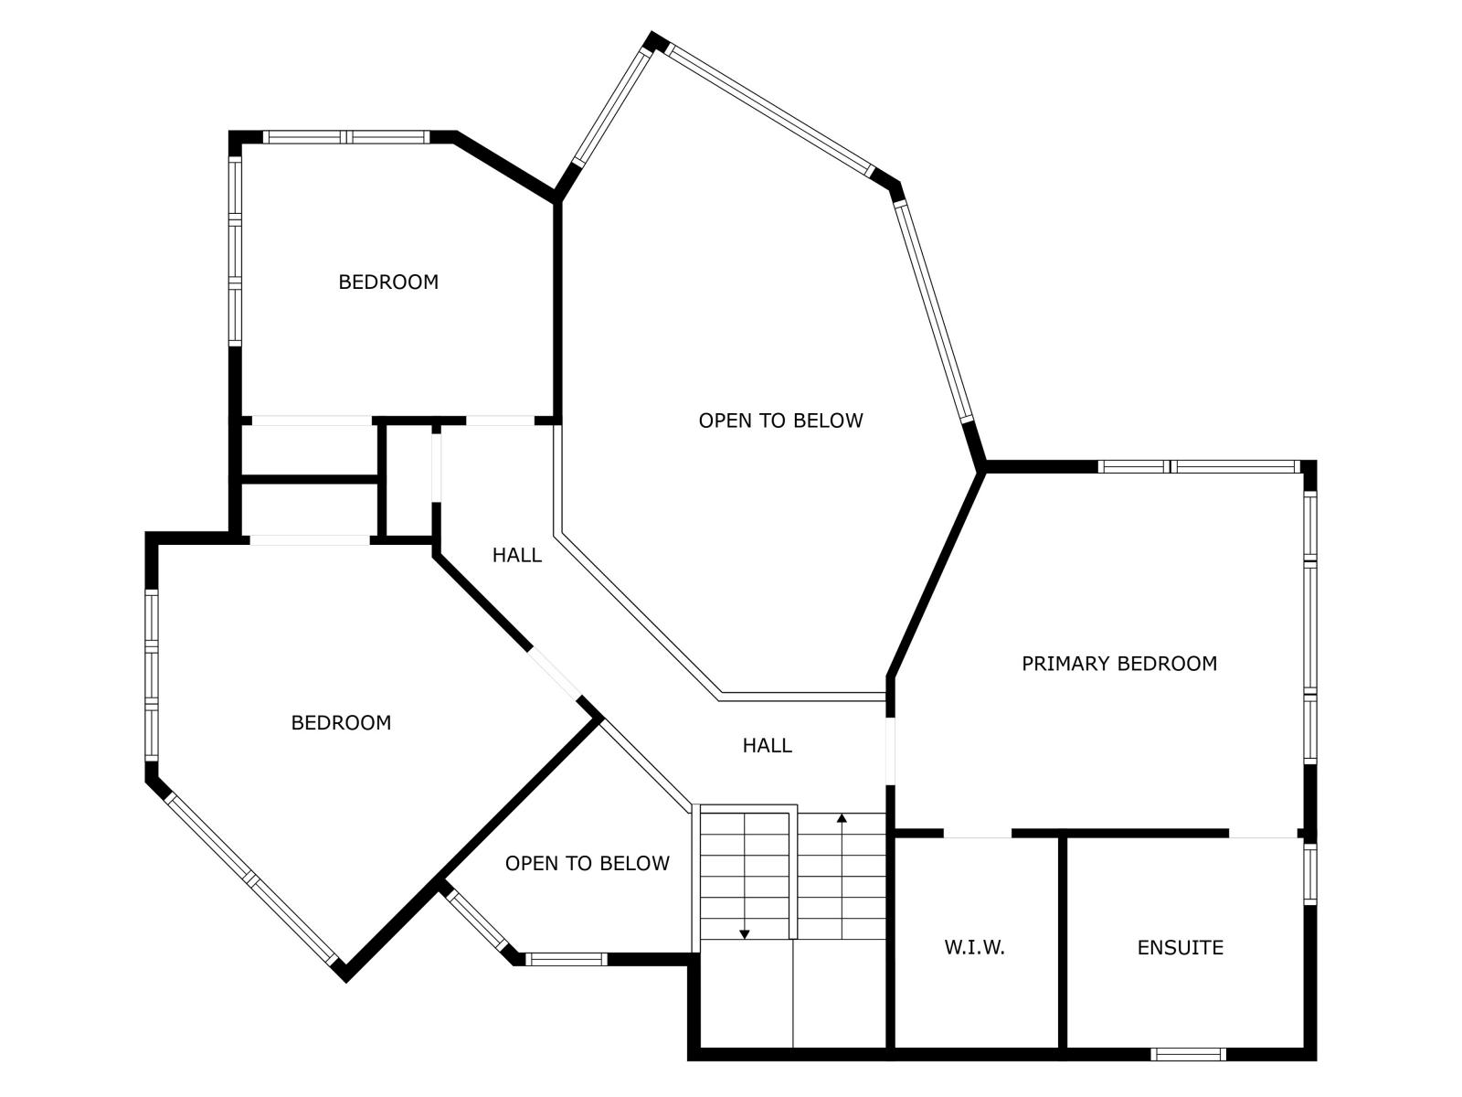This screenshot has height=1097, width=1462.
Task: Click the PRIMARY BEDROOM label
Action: pyautogui.click(x=1119, y=664)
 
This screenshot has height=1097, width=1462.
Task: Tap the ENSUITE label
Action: pyautogui.click(x=1180, y=948)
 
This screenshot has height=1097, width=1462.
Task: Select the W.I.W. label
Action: pyautogui.click(x=974, y=948)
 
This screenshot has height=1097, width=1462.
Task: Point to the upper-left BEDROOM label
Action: pyautogui.click(x=388, y=282)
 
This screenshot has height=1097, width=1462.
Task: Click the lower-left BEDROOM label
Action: pyautogui.click(x=341, y=723)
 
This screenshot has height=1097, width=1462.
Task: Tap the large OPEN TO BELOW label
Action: pyautogui.click(x=780, y=421)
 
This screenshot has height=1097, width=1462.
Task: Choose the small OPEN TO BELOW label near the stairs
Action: pyautogui.click(x=587, y=863)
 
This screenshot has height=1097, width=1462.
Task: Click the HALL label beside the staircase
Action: pyautogui.click(x=768, y=745)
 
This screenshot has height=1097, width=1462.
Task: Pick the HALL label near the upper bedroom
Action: pyautogui.click(x=517, y=555)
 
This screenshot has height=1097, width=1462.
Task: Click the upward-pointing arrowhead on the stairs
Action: pyautogui.click(x=842, y=817)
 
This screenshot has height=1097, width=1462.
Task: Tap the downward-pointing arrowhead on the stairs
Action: pyautogui.click(x=745, y=934)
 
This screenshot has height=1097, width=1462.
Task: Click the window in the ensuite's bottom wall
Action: pyautogui.click(x=1188, y=1054)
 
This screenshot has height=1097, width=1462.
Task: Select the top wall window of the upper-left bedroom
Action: pyautogui.click(x=346, y=137)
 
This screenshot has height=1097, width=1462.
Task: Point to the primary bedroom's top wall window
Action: pyautogui.click(x=1199, y=466)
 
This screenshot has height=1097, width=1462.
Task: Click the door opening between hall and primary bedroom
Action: pyautogui.click(x=890, y=751)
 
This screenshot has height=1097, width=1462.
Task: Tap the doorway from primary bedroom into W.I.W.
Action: pyautogui.click(x=977, y=833)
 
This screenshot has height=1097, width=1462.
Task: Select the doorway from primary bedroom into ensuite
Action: pyautogui.click(x=1263, y=833)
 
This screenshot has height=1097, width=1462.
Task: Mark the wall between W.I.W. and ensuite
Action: pyautogui.click(x=1063, y=943)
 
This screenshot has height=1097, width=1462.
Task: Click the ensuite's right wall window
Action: pyautogui.click(x=1310, y=875)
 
